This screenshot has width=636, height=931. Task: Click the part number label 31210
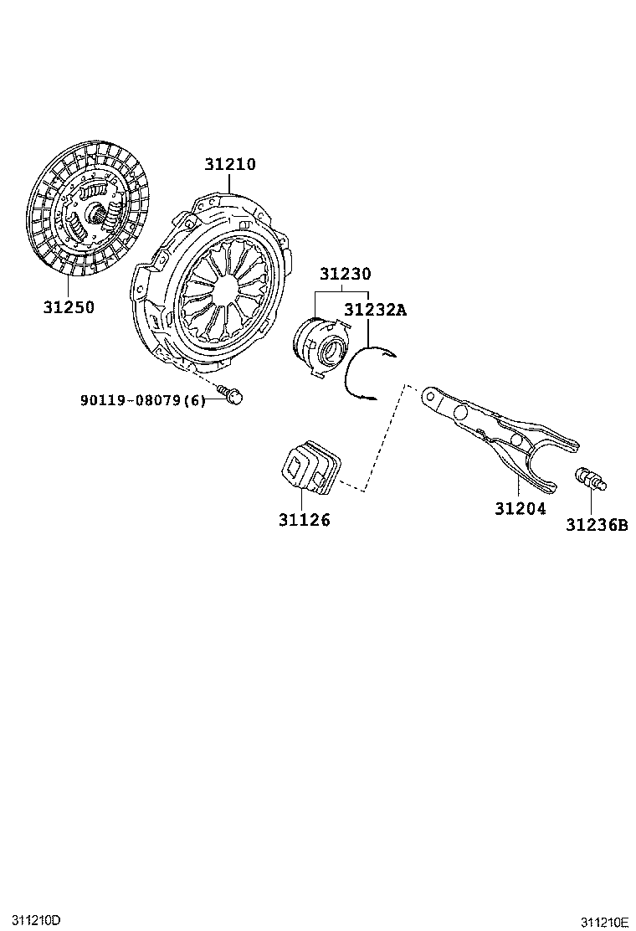[230, 164]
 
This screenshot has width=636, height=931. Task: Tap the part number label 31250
[69, 307]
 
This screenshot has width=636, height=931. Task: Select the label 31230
[346, 274]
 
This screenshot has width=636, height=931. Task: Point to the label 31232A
[376, 310]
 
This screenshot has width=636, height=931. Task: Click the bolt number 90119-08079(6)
[143, 400]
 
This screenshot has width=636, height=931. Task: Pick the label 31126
[305, 520]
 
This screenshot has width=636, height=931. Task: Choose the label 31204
[521, 509]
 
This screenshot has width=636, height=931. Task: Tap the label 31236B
[596, 525]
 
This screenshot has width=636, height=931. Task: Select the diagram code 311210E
[604, 922]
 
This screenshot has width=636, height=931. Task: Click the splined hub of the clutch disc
[97, 213]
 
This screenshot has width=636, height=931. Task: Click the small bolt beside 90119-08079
[231, 393]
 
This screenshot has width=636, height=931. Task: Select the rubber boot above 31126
[310, 467]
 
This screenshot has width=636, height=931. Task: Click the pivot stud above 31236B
[591, 479]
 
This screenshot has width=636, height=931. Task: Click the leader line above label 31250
[69, 288]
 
